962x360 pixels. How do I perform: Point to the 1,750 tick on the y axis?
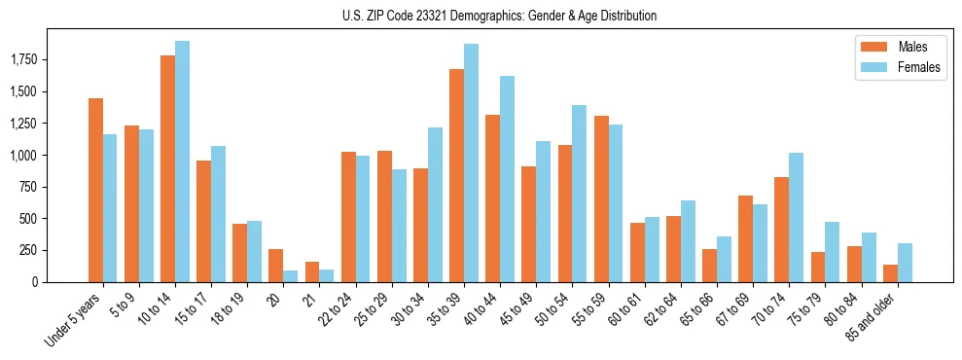click(x=23, y=60)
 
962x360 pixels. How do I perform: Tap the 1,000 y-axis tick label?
click(x=23, y=156)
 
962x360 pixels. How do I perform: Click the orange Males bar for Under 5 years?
click(x=95, y=190)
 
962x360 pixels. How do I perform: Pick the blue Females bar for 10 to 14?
click(x=182, y=162)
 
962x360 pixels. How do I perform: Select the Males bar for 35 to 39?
click(x=456, y=175)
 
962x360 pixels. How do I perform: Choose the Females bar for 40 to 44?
click(x=507, y=179)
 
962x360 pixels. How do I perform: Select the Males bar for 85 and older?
click(x=889, y=273)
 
